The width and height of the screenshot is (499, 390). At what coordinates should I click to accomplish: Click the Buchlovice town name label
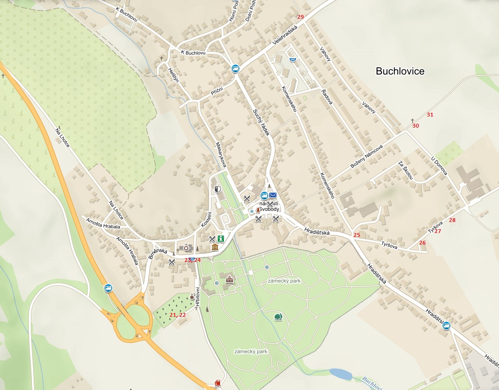click(x=400, y=71)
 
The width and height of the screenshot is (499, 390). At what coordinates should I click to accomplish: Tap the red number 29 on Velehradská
click(x=301, y=17)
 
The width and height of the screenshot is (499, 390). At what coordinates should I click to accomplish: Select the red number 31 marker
click(x=430, y=115)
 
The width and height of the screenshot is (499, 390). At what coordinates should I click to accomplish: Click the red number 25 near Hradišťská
click(x=356, y=235)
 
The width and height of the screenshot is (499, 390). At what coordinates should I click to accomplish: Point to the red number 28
click(x=452, y=220)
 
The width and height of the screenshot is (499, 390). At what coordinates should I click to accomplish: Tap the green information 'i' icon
click(x=221, y=238)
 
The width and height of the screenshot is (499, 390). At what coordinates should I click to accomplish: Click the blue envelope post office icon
click(x=273, y=195)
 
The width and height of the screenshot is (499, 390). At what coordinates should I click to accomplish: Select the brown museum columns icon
click(x=215, y=247)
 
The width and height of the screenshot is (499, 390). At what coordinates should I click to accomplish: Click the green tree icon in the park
click(x=277, y=316)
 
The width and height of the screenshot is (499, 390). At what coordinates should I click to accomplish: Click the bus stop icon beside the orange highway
click(x=108, y=288)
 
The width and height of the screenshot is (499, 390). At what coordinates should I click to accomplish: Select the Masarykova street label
click(x=221, y=154)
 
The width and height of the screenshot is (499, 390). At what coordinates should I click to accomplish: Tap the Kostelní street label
click(x=206, y=220)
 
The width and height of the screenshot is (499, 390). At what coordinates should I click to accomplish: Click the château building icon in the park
click(x=229, y=279)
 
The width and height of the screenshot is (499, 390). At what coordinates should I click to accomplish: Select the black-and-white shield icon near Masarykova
click(x=217, y=190)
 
